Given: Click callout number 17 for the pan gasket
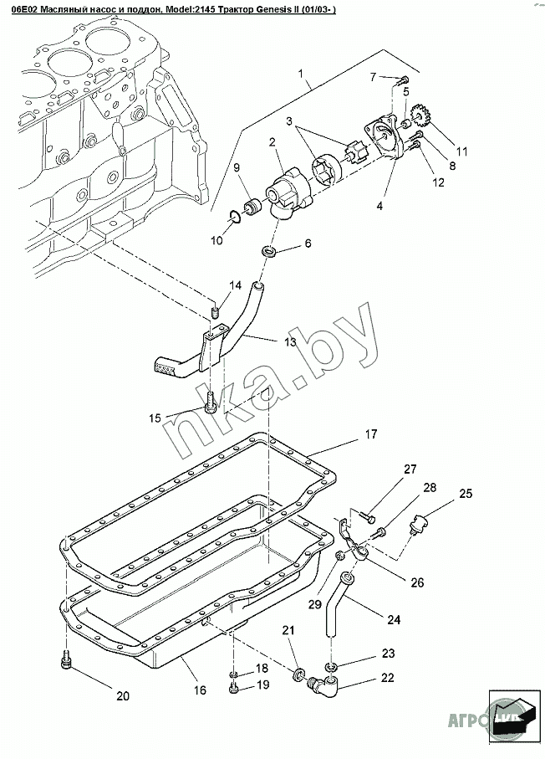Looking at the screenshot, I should coord(371,434).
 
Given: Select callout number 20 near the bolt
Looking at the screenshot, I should coord(122,696).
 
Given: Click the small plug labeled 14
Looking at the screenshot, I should coord(213,313).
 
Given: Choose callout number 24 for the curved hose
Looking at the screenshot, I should coord(393,620).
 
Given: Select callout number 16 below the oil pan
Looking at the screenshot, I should coord(200,691).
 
